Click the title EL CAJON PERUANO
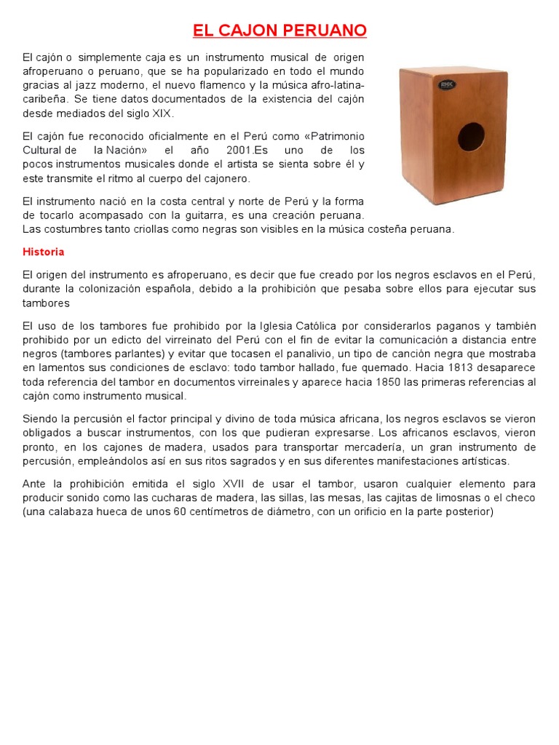click(279, 31)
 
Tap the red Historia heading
click(44, 252)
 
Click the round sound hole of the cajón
click(471, 137)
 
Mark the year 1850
click(392, 382)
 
